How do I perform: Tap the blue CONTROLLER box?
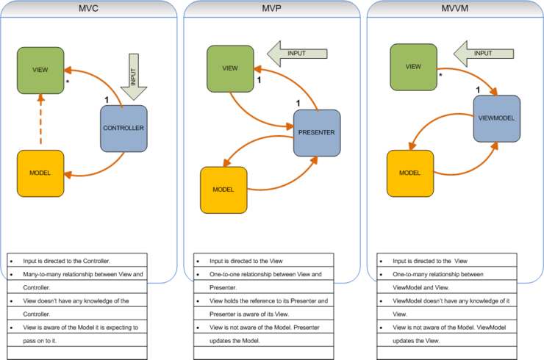(x=124, y=129)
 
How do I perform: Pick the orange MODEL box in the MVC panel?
(x=40, y=174)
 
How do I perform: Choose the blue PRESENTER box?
(x=317, y=133)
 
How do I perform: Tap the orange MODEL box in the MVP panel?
(x=223, y=190)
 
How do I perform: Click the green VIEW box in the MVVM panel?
(x=413, y=66)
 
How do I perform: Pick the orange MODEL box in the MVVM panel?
(x=409, y=173)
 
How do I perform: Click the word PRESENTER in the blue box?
(x=317, y=133)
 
